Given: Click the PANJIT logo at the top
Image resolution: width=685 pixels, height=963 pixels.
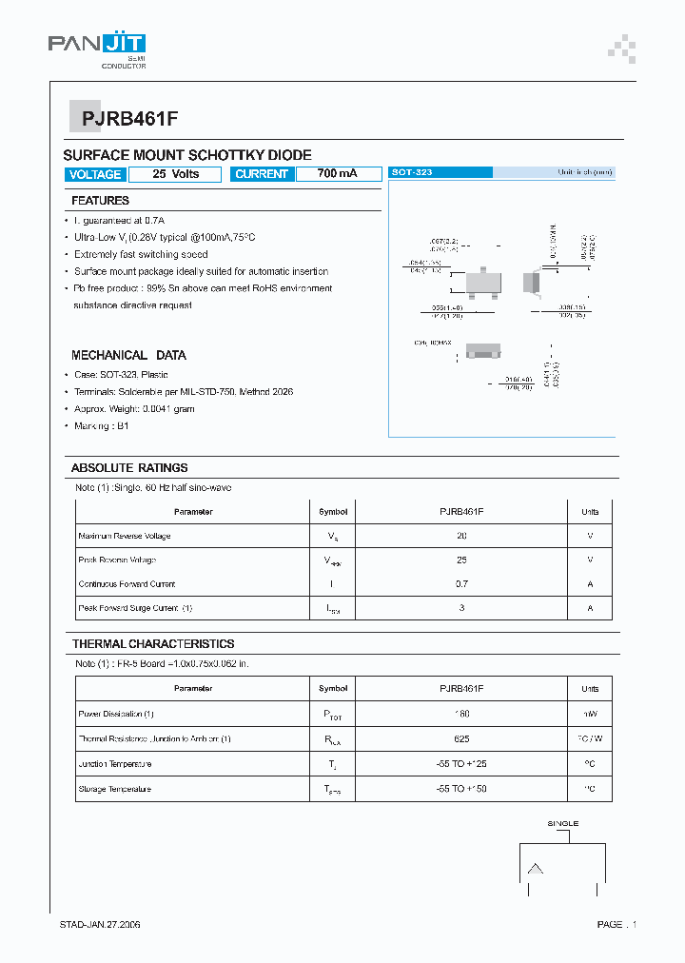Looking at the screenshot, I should point(96,45).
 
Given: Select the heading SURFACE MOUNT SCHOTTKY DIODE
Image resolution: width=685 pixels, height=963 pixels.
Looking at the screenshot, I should point(186,155).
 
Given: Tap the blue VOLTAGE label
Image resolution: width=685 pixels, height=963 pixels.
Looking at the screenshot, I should point(95,174).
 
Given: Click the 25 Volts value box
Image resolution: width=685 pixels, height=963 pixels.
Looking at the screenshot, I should point(175,174).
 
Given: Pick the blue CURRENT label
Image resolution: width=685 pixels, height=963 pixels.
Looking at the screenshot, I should point(261,174).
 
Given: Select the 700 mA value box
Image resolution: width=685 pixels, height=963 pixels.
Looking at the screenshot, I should point(337,174).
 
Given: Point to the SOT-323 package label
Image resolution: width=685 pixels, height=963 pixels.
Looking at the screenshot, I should point(412,172).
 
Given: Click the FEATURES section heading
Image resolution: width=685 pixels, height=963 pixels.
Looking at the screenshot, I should point(100,201).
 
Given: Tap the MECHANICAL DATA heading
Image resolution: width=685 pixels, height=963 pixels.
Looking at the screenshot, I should point(128,355).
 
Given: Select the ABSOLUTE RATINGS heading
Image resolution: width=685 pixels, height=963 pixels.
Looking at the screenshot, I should point(129,468).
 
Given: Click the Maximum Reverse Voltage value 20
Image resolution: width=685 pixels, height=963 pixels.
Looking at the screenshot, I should point(461,536).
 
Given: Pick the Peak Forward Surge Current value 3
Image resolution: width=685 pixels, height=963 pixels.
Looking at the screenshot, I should point(461,607).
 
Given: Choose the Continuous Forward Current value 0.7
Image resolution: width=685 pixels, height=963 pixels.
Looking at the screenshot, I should point(461,583).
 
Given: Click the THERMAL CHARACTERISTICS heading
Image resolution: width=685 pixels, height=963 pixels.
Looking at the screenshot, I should point(152,644).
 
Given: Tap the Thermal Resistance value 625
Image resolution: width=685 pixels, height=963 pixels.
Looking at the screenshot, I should point(461,738).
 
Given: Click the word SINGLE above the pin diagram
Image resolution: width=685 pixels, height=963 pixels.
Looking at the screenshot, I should point(562,823).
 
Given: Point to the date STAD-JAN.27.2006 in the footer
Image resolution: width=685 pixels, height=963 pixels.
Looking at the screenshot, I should point(100,924).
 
